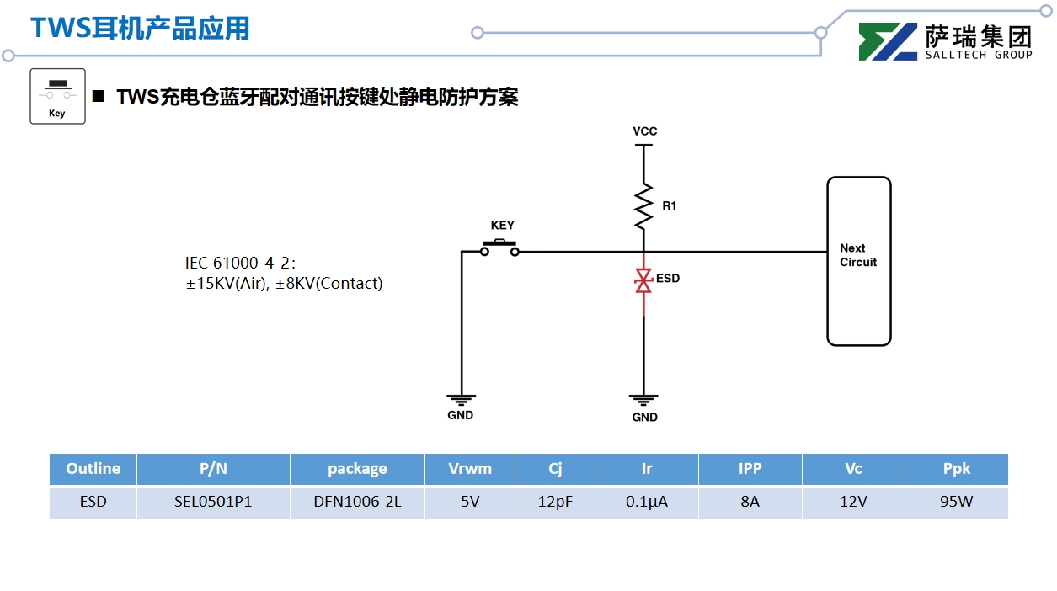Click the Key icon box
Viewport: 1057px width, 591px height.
[57, 96]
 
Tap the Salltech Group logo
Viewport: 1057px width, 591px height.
[944, 41]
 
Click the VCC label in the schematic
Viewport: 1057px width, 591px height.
[644, 131]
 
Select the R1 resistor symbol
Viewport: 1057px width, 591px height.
[643, 206]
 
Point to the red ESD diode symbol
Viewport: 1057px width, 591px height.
[643, 281]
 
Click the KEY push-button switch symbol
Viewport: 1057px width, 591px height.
[500, 248]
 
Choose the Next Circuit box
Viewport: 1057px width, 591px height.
[858, 261]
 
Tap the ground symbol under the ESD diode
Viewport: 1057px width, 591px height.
[643, 400]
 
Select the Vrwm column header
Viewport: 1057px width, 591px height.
[469, 469]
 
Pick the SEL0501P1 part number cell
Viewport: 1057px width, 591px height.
[213, 503]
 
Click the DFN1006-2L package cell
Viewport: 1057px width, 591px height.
[357, 503]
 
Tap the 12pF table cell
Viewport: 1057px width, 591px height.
[555, 503]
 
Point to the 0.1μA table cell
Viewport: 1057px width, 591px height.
[647, 503]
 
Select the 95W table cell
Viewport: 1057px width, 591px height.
[956, 503]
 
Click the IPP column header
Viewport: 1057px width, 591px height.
[750, 469]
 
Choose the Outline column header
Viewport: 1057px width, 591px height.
[93, 469]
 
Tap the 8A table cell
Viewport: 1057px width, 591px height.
[750, 503]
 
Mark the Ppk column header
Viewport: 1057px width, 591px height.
[956, 469]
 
